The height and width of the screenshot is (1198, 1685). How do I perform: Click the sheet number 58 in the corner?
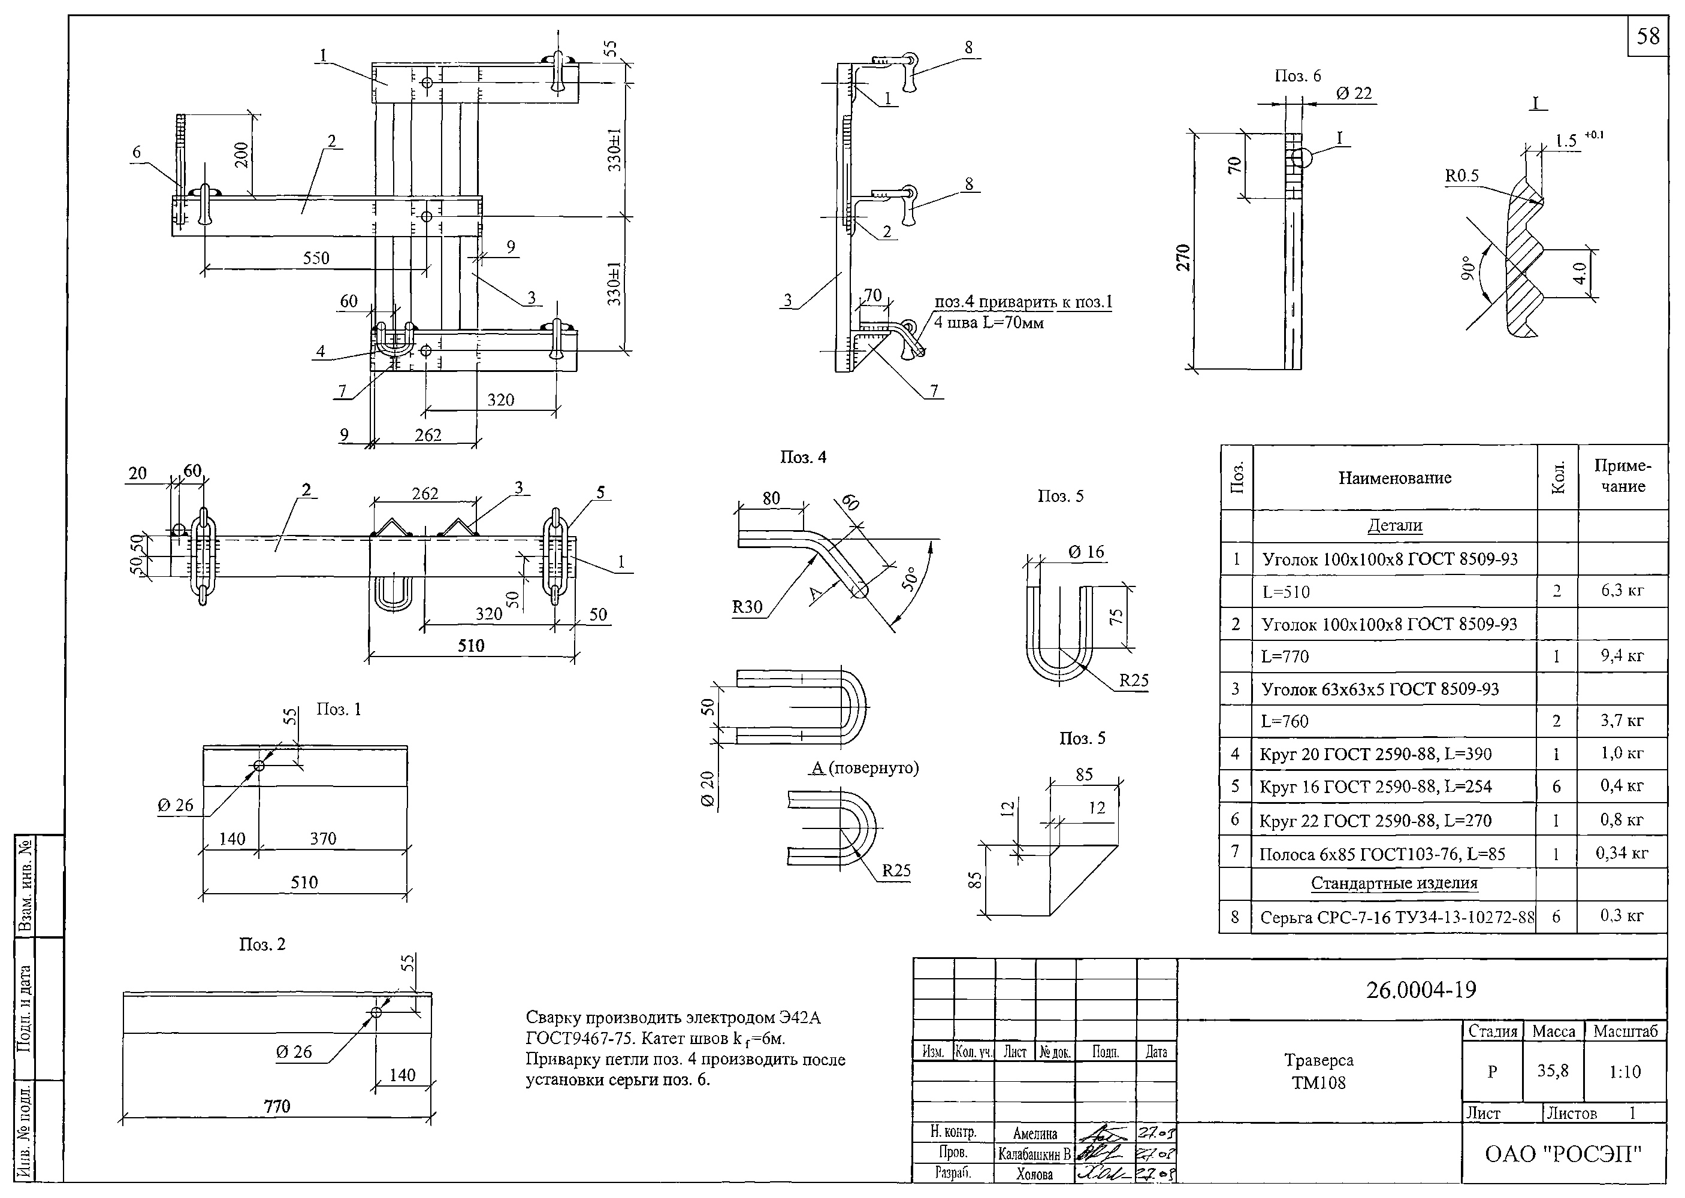(1648, 36)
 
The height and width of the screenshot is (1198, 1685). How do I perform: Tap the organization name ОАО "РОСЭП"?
(1563, 1153)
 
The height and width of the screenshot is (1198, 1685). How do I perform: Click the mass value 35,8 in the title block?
(1553, 1070)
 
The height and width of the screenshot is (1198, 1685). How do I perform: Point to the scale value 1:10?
(1624, 1071)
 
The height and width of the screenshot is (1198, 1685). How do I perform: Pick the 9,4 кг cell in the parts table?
(1621, 655)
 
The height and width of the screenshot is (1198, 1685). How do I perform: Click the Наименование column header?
(1394, 477)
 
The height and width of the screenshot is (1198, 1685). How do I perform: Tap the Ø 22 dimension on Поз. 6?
(1354, 93)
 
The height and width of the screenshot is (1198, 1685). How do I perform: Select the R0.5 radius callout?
(1461, 176)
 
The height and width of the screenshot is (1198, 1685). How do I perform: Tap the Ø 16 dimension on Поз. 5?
(1086, 551)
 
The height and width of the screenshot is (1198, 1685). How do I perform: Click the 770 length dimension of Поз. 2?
(277, 1106)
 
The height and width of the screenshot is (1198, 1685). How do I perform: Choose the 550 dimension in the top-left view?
(316, 258)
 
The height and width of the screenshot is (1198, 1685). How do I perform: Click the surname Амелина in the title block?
(1034, 1134)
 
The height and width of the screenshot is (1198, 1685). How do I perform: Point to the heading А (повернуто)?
(865, 768)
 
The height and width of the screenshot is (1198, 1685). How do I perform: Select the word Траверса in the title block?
(1318, 1060)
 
